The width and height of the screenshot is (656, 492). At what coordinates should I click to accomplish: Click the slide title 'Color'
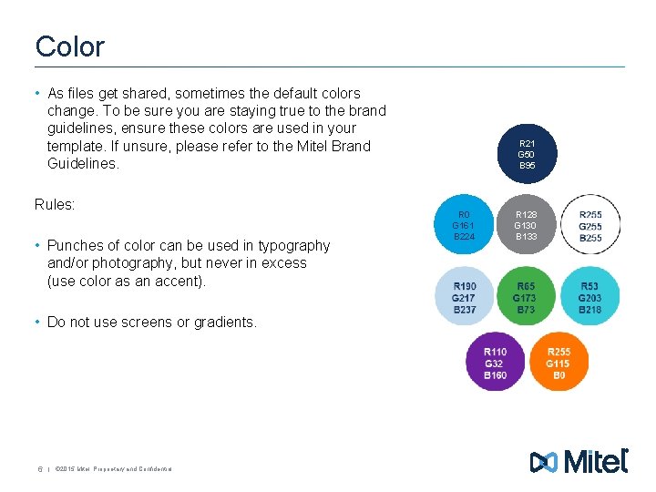click(70, 46)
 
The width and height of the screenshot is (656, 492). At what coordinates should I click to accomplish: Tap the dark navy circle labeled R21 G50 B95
click(527, 155)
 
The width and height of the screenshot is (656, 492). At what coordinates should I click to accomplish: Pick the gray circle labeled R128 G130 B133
click(526, 221)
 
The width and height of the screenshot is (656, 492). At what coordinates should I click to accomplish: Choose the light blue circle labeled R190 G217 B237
click(464, 297)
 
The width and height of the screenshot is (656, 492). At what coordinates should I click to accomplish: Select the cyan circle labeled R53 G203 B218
click(589, 297)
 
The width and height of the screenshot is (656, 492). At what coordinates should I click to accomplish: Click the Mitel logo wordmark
click(597, 461)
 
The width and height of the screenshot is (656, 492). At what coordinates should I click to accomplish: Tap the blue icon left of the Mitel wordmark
click(544, 462)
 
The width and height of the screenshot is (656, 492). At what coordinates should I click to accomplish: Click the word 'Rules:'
click(55, 205)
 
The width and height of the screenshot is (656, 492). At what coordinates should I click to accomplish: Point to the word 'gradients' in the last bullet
click(225, 322)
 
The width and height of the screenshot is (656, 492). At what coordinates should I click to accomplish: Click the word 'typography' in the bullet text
click(294, 245)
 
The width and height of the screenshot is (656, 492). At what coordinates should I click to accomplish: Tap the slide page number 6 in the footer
click(39, 469)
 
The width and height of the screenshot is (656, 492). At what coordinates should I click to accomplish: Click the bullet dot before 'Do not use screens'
click(38, 322)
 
